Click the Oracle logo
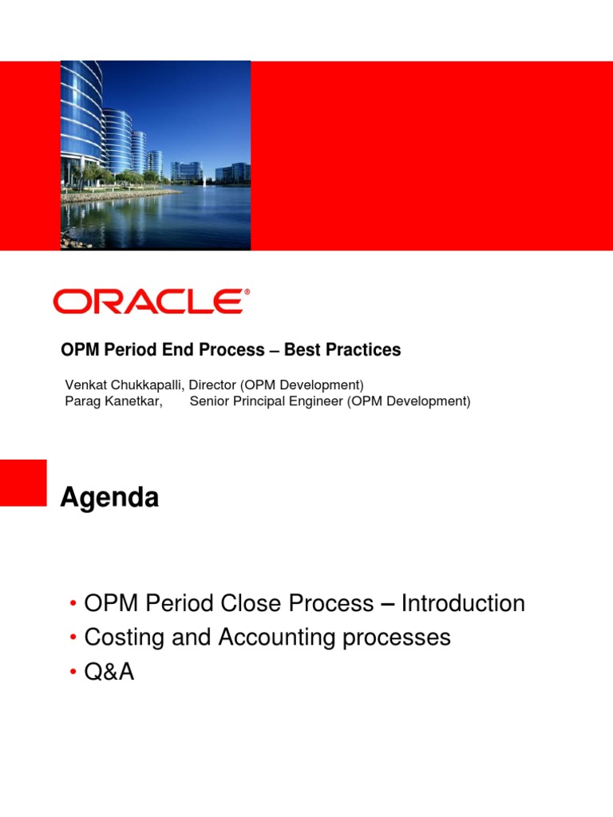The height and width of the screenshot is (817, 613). point(148,301)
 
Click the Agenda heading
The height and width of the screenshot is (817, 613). point(109,499)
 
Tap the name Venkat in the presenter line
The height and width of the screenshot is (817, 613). point(85,385)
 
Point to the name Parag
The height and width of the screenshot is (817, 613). point(82,401)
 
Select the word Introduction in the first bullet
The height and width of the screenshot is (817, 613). point(463,603)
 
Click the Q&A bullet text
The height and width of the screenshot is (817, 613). point(109,673)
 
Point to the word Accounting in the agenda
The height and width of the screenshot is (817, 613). point(255,637)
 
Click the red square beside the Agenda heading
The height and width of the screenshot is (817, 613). point(23,482)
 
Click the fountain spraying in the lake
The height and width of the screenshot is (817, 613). point(205,184)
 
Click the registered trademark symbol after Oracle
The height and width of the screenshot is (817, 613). point(247,292)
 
